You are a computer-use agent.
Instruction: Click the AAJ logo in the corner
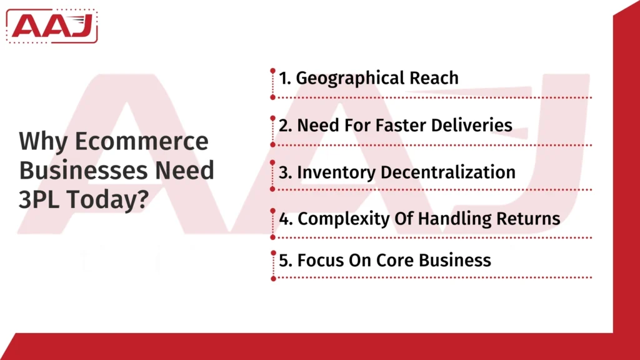(x=54, y=26)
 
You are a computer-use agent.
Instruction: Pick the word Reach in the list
(x=434, y=78)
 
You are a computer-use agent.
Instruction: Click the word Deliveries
(x=473, y=125)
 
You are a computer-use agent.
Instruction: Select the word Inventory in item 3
(x=335, y=172)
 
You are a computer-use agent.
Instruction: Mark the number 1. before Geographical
(x=285, y=78)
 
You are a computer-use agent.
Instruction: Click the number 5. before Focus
(x=286, y=260)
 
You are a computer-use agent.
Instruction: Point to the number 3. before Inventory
(x=286, y=172)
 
